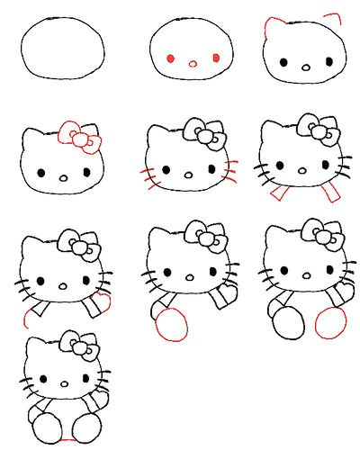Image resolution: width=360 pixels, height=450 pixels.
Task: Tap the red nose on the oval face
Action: [192, 63]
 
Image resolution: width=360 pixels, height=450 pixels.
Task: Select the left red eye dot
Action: [170, 58]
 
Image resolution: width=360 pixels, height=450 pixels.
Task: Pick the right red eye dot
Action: [215, 58]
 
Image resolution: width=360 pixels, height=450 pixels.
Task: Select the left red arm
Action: [278, 193]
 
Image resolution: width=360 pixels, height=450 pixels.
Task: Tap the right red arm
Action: [333, 193]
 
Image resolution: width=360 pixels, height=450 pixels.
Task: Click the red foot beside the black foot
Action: [330, 322]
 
